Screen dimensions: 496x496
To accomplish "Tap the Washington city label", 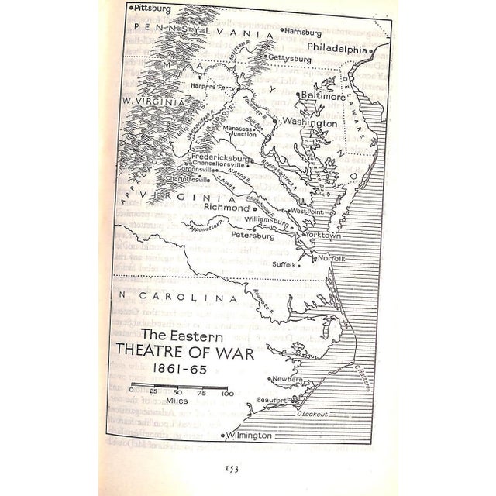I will [309, 122].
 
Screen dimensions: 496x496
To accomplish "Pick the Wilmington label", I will [249, 436].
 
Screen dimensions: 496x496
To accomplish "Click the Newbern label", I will [286, 378].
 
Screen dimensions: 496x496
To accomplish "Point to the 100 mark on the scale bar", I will [227, 393].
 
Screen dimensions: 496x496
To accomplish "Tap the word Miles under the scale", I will [177, 402].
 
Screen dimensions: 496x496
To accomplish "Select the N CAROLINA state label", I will [166, 298].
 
